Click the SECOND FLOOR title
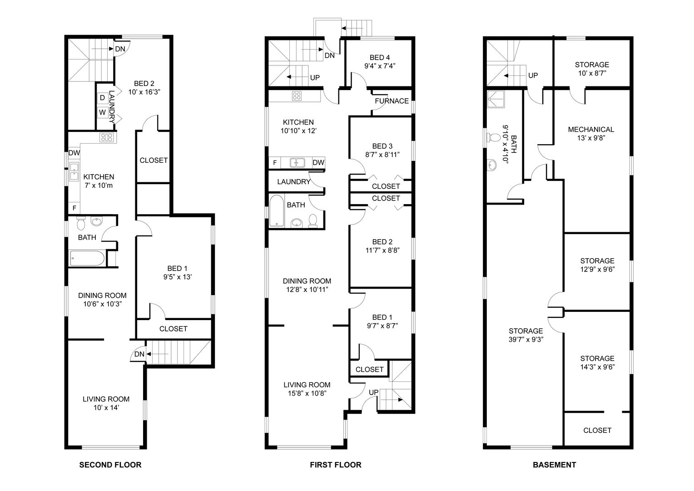pos(110,465)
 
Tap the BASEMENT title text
pos(554,465)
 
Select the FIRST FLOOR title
pos(336,465)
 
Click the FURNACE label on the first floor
pos(392,101)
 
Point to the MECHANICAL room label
pos(591,129)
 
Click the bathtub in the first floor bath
pos(276,211)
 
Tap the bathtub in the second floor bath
pos(87,258)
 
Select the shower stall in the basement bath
pos(496,99)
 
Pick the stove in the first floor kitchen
pos(297,96)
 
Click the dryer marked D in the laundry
pos(102,98)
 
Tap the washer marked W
pos(102,112)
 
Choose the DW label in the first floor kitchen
pos(318,162)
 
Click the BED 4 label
pos(380,57)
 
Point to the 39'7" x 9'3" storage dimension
pos(526,339)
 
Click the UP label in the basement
pos(533,75)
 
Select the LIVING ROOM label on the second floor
pos(106,399)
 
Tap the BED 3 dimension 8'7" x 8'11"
pos(382,155)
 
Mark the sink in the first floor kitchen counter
pos(297,162)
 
